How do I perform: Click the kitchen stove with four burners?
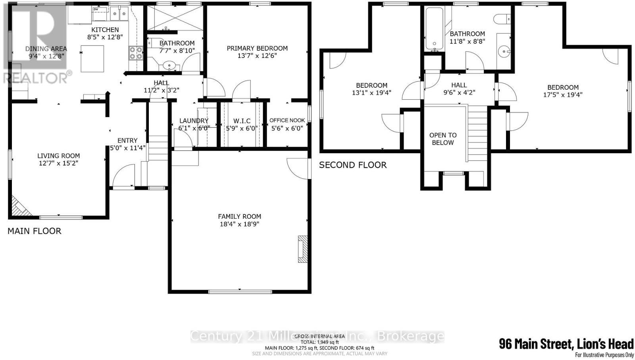tap(135, 53)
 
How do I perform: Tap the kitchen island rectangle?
tap(92, 58)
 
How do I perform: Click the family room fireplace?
tap(302, 249)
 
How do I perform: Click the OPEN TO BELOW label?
tap(443, 139)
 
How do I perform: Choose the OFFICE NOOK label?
tap(287, 120)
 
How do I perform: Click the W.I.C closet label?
tap(242, 121)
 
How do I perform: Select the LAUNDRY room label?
tap(194, 121)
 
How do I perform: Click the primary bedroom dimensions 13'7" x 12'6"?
tap(257, 56)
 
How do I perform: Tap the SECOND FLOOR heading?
tap(352, 165)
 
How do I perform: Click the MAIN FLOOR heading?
tap(35, 231)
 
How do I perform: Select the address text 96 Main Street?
tap(566, 344)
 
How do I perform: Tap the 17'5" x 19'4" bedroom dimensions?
tap(563, 95)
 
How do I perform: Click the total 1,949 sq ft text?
tap(319, 342)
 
